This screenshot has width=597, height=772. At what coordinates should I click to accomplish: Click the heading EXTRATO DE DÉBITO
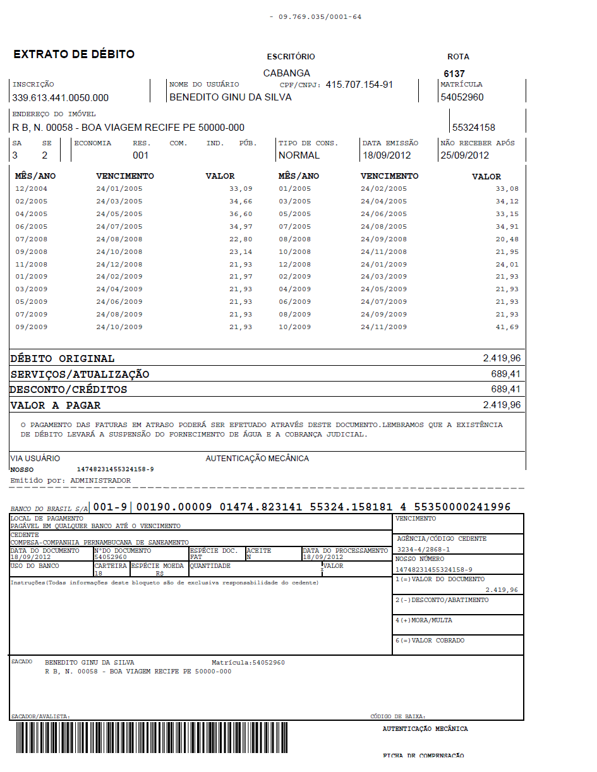74,54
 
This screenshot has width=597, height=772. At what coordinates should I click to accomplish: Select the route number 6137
454,74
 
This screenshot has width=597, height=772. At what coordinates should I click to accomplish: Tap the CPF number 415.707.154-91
359,85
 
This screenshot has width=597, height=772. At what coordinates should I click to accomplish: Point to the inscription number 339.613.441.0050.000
61,98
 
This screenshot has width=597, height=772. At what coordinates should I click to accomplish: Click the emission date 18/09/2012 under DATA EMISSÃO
387,155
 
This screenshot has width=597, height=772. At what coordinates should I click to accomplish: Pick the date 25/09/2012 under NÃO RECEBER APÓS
465,155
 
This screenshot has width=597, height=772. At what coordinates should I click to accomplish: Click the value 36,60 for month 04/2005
241,214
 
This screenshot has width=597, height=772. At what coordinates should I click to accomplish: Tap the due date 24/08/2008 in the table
119,239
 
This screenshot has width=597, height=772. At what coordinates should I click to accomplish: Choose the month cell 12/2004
31,189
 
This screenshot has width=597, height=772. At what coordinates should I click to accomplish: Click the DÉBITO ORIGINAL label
63,359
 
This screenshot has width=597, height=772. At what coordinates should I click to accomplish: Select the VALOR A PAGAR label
56,406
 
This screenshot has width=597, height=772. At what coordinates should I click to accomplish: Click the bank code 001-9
111,507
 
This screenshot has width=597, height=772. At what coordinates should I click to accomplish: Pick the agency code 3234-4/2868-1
423,550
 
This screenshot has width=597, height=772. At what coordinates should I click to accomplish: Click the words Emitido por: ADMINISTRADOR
71,481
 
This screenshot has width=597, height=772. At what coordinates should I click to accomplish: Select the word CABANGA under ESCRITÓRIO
287,73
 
